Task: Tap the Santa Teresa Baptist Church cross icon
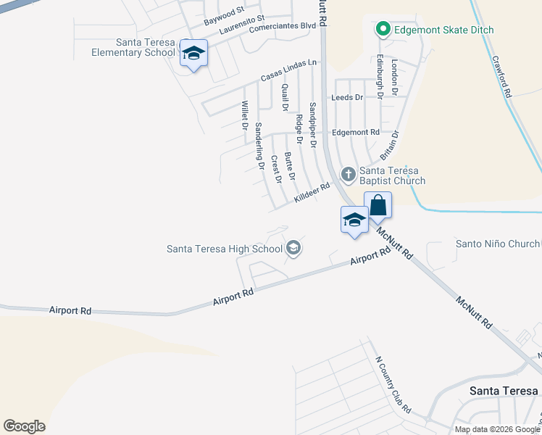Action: tap(349, 173)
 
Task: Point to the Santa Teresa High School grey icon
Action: tap(293, 249)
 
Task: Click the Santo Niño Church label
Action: tap(497, 244)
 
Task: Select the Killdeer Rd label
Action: tap(312, 193)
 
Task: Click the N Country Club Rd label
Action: tap(393, 384)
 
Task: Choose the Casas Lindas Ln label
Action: tap(289, 70)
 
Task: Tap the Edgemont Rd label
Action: tap(355, 133)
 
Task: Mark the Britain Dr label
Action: tap(390, 145)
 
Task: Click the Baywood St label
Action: tap(224, 14)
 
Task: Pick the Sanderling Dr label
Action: tap(259, 146)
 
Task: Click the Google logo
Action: tap(24, 426)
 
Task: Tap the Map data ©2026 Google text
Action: tap(497, 429)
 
